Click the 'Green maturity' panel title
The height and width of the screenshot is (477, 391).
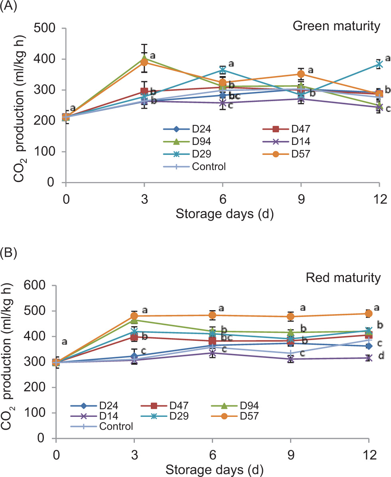[336, 27]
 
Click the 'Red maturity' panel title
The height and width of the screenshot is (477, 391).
[343, 278]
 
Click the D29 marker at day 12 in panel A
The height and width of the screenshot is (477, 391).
[378, 64]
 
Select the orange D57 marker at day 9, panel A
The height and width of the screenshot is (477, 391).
[301, 74]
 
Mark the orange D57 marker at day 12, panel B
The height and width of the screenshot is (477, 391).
[369, 313]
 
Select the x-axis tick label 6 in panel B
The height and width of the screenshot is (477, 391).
[213, 454]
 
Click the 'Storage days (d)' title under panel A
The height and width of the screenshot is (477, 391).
[224, 215]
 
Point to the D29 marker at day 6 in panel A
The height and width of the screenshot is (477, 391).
[223, 70]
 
